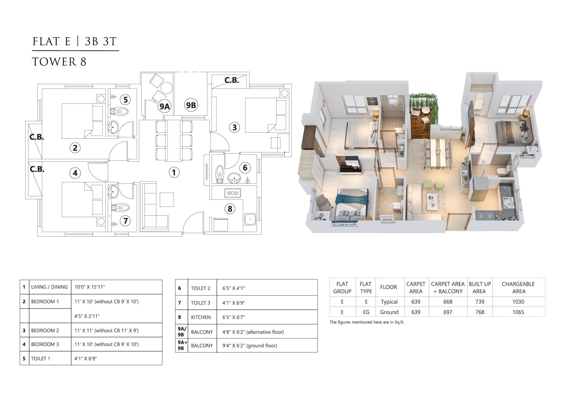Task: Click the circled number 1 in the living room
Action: point(174,172)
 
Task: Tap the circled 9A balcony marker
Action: point(164,106)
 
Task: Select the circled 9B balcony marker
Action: point(191,105)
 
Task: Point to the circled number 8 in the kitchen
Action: point(230,209)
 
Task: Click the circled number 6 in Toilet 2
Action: point(245,168)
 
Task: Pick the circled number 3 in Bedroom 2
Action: point(234,128)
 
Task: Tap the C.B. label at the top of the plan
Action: point(231,80)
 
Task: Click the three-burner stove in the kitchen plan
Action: point(233,193)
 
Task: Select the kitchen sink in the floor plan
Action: point(250,219)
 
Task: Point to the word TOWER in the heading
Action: point(54,62)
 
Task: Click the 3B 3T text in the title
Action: point(101,41)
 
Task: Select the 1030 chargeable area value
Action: point(518,302)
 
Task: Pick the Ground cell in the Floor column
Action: point(389,312)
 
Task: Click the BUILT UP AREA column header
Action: point(480,288)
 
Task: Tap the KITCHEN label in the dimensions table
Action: point(201,317)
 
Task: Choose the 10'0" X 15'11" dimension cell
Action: point(89,287)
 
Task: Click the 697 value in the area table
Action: point(448,312)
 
